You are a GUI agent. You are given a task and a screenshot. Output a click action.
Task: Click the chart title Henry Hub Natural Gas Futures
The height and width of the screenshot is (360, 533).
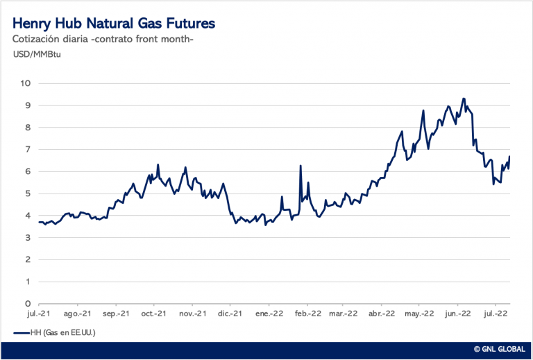pos(114,24)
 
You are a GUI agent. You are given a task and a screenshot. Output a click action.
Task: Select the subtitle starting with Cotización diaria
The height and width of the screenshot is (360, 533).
pos(103,39)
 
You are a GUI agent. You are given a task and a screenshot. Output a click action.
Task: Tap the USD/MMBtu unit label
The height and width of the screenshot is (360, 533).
pos(37,54)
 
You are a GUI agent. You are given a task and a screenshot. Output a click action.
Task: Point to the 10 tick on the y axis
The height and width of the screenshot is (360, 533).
pos(25,83)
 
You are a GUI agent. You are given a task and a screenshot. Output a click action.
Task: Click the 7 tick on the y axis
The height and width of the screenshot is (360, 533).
pos(28,149)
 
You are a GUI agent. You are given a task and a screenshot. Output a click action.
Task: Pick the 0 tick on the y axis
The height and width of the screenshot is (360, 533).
pos(28,304)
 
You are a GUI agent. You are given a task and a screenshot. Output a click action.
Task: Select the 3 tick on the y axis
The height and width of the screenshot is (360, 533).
pos(28,238)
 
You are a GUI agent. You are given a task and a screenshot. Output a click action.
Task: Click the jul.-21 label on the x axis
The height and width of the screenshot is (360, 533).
pos(39,314)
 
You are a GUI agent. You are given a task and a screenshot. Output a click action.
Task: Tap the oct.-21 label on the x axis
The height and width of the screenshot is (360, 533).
pos(153,314)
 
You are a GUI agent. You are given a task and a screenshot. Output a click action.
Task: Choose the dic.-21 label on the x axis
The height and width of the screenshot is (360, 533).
pos(230,314)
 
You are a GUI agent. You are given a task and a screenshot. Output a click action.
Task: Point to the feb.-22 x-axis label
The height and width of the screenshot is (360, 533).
pos(307,314)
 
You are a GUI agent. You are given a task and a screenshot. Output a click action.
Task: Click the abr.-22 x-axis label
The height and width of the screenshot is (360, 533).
pos(382,314)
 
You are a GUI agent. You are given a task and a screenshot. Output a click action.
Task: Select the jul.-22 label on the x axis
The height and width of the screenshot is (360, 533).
pos(495,314)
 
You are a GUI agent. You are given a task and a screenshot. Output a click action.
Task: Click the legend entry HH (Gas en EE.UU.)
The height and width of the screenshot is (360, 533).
pos(54,333)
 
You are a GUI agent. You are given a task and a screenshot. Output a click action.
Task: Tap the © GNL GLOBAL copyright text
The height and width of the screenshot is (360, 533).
pos(500,349)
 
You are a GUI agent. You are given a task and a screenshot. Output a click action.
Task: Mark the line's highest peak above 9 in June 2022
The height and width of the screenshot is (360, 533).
pos(464,98)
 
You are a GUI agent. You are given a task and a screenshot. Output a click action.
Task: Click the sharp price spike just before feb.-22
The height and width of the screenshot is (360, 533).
pos(301,165)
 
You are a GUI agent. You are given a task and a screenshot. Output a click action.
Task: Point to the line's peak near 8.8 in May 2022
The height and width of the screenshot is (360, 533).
pos(423,110)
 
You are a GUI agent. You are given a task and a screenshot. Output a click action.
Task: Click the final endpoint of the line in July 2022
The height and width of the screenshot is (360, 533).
pos(509,156)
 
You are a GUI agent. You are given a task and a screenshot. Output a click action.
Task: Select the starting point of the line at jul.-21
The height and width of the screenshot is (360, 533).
pos(39,222)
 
